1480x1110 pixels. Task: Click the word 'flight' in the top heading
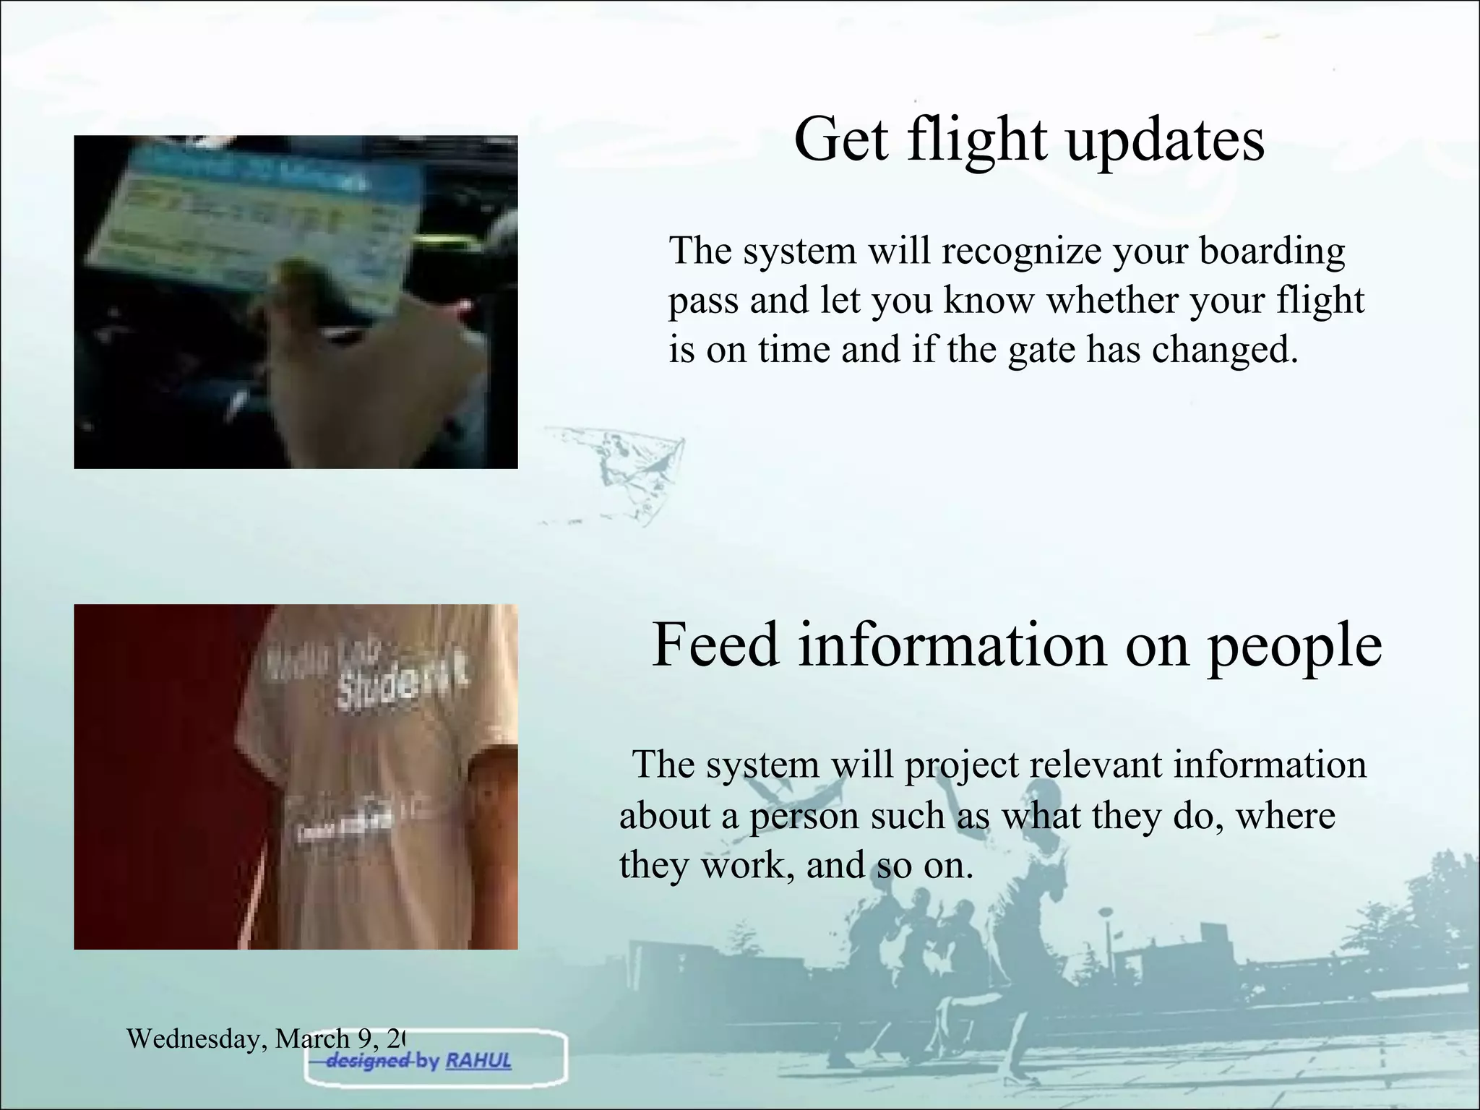point(977,139)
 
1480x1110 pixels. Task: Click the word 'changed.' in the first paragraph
point(1225,350)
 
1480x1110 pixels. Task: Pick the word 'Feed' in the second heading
point(716,644)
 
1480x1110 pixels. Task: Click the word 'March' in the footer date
point(313,1039)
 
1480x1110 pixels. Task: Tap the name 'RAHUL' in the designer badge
point(478,1061)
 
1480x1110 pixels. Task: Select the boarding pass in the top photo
point(253,217)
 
